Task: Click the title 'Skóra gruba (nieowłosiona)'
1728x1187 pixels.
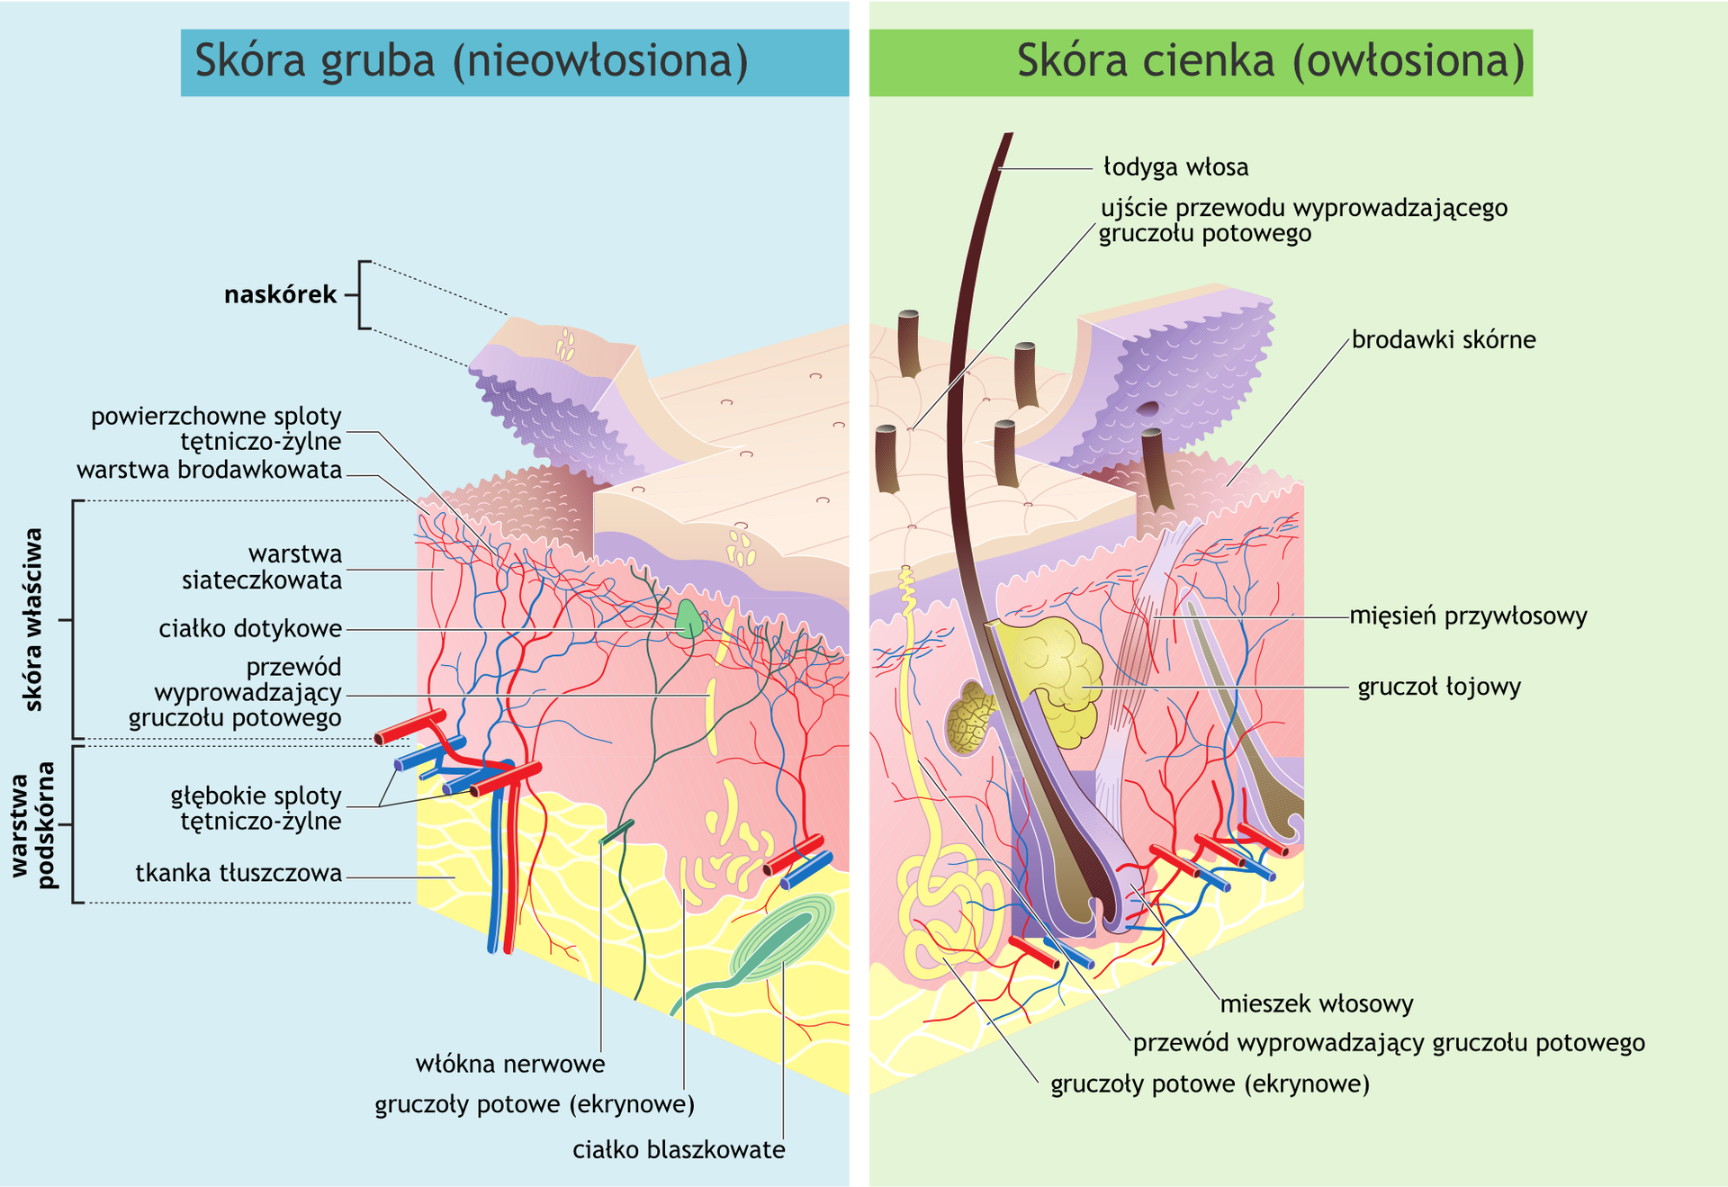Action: [472, 61]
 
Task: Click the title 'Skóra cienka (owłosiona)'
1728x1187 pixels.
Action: [1270, 61]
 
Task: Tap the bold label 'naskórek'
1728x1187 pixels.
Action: [280, 294]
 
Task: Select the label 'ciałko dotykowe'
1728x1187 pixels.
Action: [250, 628]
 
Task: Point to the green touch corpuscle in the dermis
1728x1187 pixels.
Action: [688, 619]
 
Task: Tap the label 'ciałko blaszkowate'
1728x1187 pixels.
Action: [679, 1149]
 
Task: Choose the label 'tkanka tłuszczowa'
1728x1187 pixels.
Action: [238, 873]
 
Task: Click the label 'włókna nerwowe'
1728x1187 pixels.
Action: [510, 1064]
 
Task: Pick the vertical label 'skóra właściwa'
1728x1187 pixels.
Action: [33, 619]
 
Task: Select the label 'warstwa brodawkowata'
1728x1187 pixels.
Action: [209, 470]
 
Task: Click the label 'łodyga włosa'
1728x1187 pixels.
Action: [1175, 167]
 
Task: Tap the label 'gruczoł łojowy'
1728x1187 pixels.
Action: [1438, 687]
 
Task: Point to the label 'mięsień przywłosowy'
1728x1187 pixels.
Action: [1468, 616]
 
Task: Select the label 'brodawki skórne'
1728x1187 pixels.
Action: [1444, 340]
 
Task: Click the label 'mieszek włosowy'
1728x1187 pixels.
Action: [1316, 1003]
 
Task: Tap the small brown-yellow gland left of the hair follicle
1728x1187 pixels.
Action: [969, 718]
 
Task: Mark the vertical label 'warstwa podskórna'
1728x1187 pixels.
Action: [33, 823]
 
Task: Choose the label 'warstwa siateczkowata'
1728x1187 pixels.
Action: [262, 567]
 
